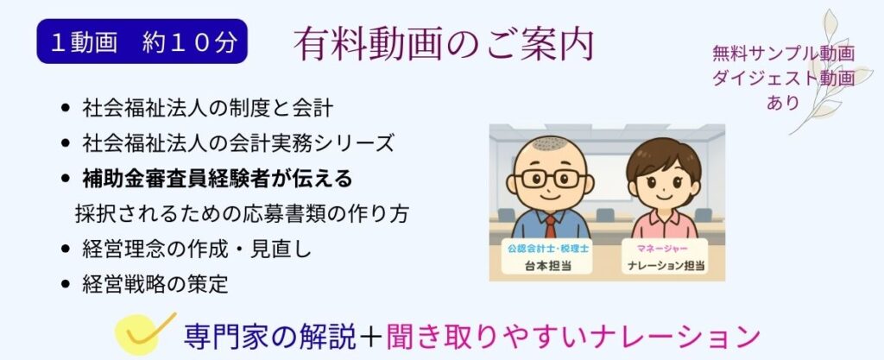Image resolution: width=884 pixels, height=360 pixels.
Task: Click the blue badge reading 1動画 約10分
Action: click(142, 41)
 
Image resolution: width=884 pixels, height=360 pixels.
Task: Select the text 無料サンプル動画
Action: click(783, 54)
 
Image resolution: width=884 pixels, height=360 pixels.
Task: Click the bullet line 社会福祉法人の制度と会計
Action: click(207, 110)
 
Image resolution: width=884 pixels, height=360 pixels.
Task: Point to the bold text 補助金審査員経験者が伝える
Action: click(217, 178)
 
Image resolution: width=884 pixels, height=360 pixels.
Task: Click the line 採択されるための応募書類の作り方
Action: click(243, 212)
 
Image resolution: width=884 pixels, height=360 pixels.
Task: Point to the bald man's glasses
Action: click(550, 180)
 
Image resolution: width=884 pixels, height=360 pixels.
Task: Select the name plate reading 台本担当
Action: click(549, 259)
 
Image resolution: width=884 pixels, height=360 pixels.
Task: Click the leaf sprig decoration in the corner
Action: click(829, 78)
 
